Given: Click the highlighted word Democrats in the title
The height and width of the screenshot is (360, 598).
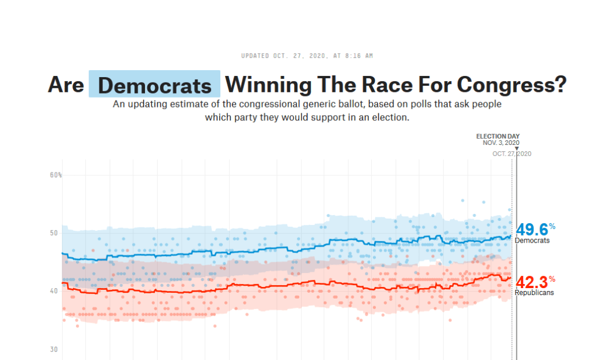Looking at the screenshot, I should click(155, 85).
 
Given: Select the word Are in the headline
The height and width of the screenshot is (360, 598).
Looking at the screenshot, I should click(65, 85).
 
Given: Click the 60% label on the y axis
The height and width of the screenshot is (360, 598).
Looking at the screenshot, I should click(56, 175).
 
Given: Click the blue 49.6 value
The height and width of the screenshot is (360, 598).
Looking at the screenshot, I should click(531, 230).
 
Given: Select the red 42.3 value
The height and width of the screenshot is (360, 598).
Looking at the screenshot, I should click(531, 282).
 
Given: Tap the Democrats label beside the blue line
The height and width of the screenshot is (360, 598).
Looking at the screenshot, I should click(532, 240).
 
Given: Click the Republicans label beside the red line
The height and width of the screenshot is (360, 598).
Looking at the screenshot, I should click(534, 293).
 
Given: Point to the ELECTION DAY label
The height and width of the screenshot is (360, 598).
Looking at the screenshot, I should click(497, 136).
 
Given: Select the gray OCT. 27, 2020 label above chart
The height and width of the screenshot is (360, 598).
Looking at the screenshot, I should click(511, 154).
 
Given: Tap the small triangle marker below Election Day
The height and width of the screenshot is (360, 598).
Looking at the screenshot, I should click(517, 148).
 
